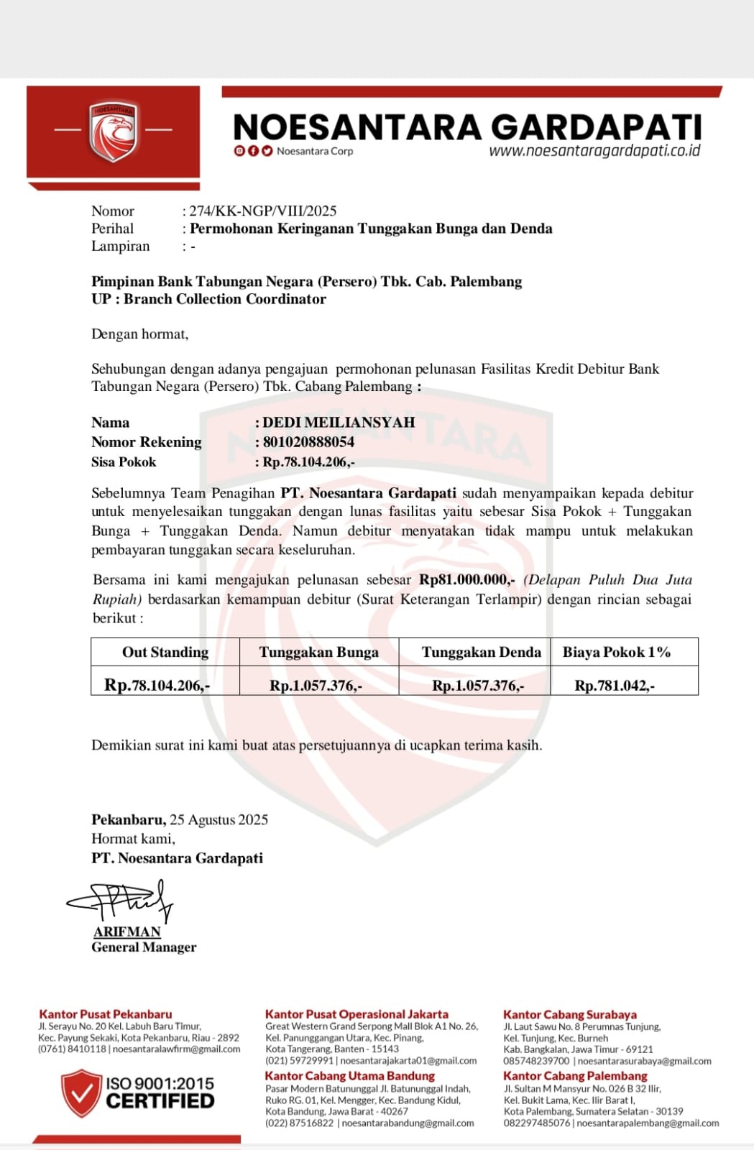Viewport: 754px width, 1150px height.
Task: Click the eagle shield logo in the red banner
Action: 113,131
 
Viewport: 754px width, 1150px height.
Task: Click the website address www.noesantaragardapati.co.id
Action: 594,151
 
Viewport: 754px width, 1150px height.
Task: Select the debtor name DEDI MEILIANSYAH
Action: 339,423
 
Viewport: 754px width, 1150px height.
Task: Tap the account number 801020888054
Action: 308,442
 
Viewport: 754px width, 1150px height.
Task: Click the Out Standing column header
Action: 165,652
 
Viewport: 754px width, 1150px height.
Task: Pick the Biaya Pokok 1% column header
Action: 617,652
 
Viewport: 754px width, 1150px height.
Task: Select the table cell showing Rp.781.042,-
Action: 615,686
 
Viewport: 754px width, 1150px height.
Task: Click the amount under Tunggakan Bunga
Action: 316,686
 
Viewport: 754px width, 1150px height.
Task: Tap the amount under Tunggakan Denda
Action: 478,686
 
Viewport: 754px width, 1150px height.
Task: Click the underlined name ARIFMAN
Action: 127,931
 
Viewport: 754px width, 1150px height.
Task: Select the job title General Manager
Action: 144,947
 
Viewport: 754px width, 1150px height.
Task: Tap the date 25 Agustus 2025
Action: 219,819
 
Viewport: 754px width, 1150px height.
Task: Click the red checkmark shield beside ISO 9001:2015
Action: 81,1092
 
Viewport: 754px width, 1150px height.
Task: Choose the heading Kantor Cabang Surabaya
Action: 570,1015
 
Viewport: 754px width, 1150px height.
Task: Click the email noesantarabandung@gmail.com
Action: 408,1123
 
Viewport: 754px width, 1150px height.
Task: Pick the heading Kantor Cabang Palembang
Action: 575,1076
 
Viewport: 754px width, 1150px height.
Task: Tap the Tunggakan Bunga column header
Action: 318,652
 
